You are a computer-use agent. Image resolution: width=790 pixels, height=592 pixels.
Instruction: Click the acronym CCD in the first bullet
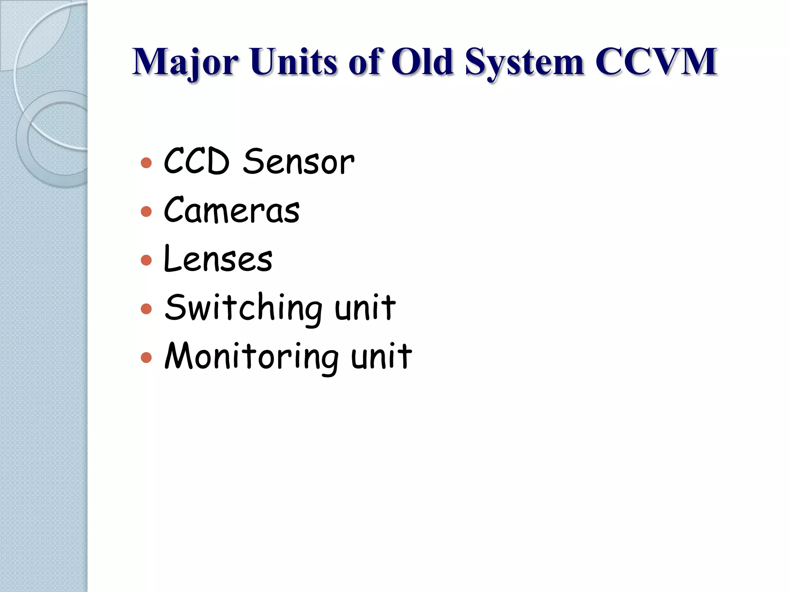[x=197, y=162]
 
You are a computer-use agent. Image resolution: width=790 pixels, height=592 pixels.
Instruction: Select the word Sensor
[x=299, y=162]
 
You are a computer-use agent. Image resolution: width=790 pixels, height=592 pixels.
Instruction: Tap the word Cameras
[x=231, y=210]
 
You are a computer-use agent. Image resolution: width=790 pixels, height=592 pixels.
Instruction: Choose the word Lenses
[x=218, y=259]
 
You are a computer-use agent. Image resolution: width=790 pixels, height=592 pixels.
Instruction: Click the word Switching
[x=243, y=308]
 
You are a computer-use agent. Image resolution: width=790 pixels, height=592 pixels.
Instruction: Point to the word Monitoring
[x=252, y=357]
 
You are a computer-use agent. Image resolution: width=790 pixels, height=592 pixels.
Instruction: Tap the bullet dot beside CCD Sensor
[x=146, y=163]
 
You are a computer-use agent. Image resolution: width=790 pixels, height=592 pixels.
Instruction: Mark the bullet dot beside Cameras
[x=146, y=211]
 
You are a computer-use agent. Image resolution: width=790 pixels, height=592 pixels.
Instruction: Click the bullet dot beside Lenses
[x=146, y=260]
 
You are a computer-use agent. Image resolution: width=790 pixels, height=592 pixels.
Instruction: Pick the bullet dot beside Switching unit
[x=146, y=309]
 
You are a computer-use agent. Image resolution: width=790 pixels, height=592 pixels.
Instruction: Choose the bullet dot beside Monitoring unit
[x=146, y=357]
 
